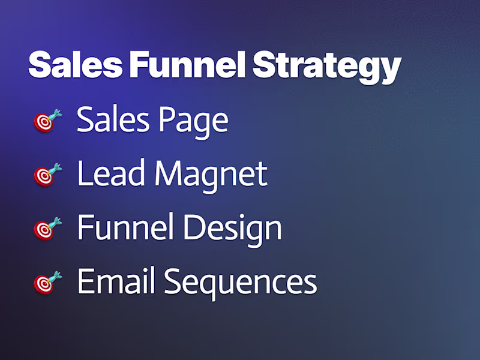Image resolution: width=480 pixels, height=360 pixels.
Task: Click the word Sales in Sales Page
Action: pyautogui.click(x=113, y=119)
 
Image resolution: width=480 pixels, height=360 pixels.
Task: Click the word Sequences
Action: pyautogui.click(x=241, y=283)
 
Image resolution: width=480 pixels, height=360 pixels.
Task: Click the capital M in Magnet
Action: pyautogui.click(x=170, y=173)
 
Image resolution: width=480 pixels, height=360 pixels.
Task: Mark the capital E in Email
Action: pyautogui.click(x=86, y=281)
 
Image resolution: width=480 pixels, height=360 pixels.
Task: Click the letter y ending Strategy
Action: pyautogui.click(x=391, y=69)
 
